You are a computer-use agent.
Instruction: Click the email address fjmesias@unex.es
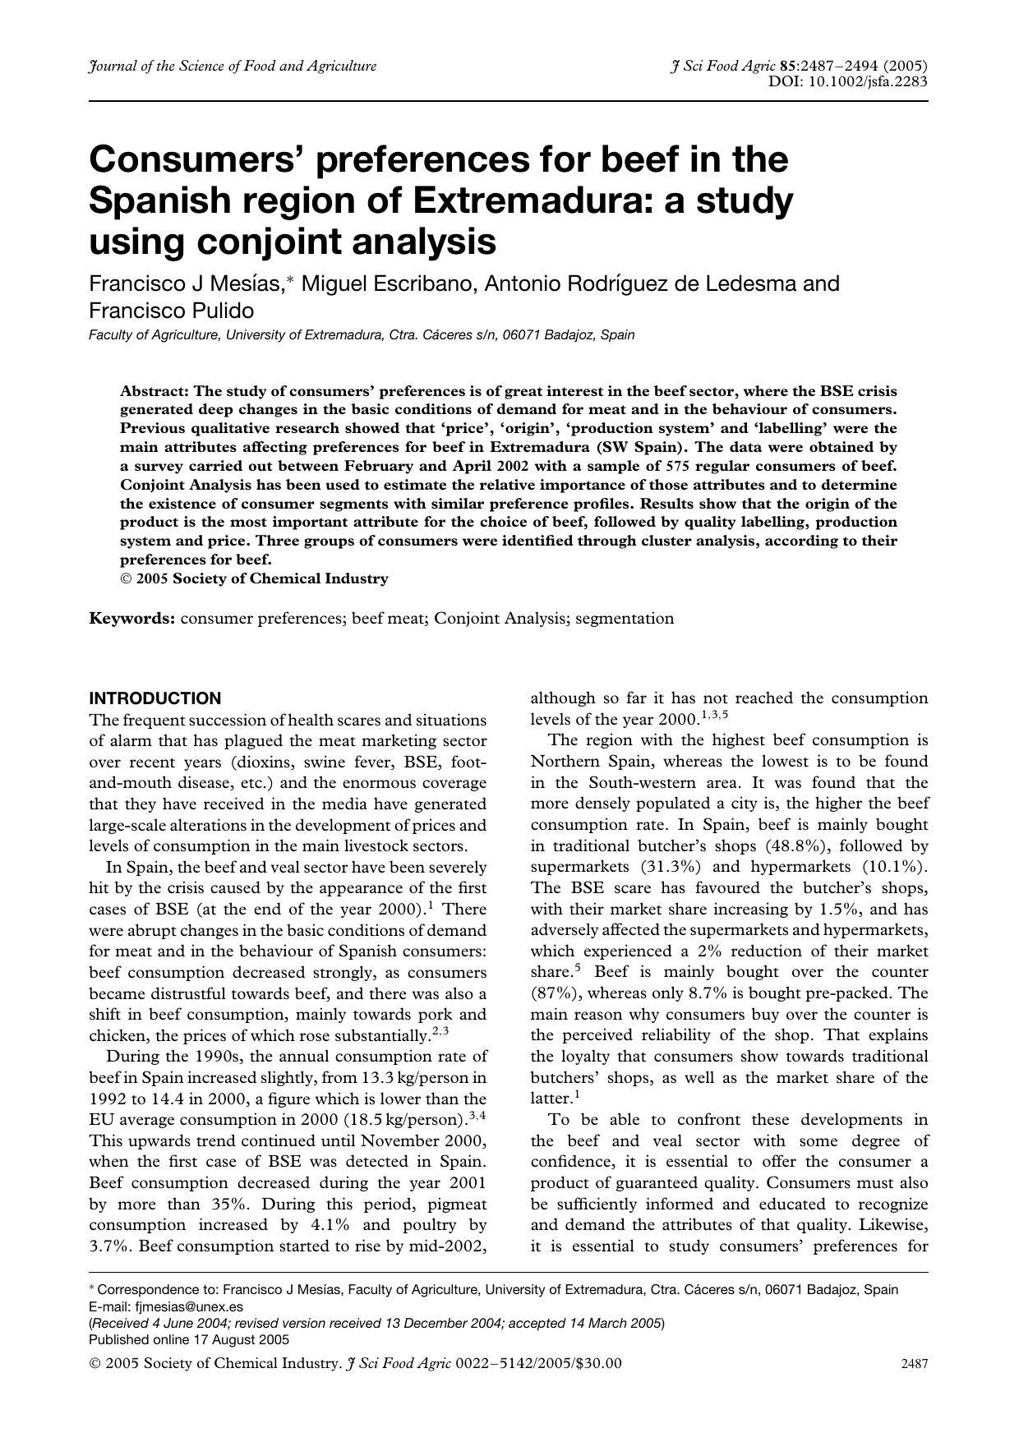click(x=188, y=1306)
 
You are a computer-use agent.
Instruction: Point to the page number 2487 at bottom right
click(x=914, y=1364)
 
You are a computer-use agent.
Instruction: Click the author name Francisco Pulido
click(x=171, y=311)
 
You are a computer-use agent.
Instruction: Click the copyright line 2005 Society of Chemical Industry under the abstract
click(x=261, y=578)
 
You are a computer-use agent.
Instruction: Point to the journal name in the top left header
click(x=233, y=67)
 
